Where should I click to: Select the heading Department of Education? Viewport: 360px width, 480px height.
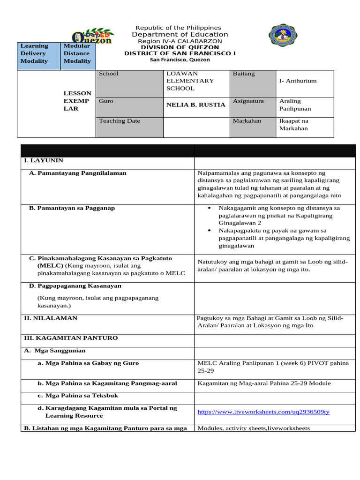coord(180,35)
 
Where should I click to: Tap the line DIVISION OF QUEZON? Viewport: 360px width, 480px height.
coord(180,47)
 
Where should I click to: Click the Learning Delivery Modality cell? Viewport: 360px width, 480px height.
coord(38,54)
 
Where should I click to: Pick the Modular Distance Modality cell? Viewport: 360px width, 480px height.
coord(78,54)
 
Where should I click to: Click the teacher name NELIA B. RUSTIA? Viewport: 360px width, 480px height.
coord(196,105)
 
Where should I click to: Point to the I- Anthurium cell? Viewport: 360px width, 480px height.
coord(298,81)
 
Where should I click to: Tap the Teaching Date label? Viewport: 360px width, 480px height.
coord(120,121)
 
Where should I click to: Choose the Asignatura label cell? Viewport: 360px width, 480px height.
coord(248,101)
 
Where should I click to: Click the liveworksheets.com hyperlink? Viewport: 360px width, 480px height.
coord(263,412)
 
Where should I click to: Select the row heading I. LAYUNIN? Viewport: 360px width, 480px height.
coord(43,161)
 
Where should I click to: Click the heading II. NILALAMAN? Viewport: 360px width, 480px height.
coord(51,318)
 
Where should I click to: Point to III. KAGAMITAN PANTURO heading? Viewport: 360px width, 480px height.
coord(71,338)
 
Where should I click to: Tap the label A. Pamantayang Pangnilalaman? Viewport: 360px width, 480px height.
coord(77,173)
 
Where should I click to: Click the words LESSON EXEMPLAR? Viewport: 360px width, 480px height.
coord(77,101)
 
